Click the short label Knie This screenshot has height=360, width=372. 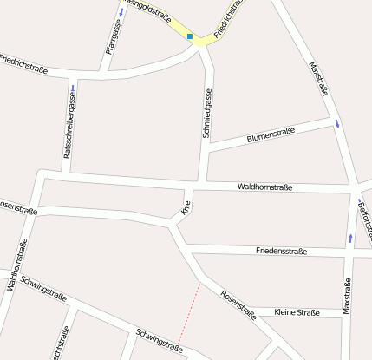pos(185,207)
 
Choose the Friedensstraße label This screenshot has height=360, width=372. pos(281,251)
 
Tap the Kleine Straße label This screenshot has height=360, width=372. pos(297,312)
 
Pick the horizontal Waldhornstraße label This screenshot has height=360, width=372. pos(264,187)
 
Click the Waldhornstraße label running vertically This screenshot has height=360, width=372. pos(17,260)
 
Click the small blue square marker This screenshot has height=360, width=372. pos(189,36)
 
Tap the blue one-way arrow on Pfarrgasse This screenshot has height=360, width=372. pos(121,12)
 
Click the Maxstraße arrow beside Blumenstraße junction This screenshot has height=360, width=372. pos(337,124)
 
